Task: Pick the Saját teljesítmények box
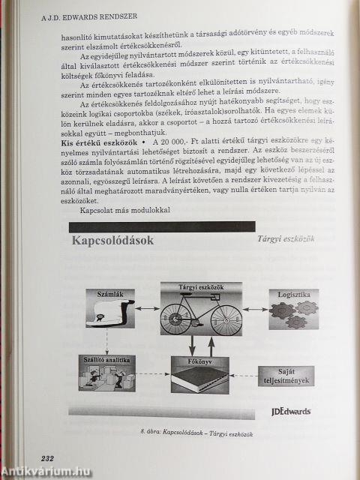point(285,375)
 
